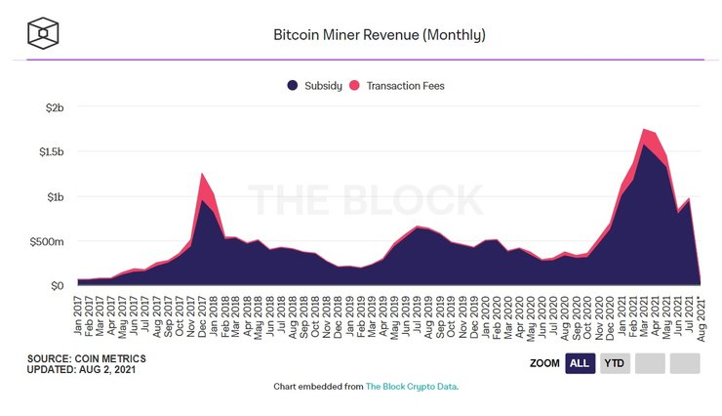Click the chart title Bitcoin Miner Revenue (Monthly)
pyautogui.click(x=380, y=35)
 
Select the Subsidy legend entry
pyautogui.click(x=314, y=86)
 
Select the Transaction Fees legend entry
pyautogui.click(x=400, y=86)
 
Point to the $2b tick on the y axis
pyautogui.click(x=52, y=107)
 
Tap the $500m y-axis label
pyautogui.click(x=47, y=241)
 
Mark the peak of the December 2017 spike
pyautogui.click(x=201, y=174)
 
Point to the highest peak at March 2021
pyautogui.click(x=645, y=129)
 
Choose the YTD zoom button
pyautogui.click(x=615, y=363)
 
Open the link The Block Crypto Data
pyautogui.click(x=411, y=387)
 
